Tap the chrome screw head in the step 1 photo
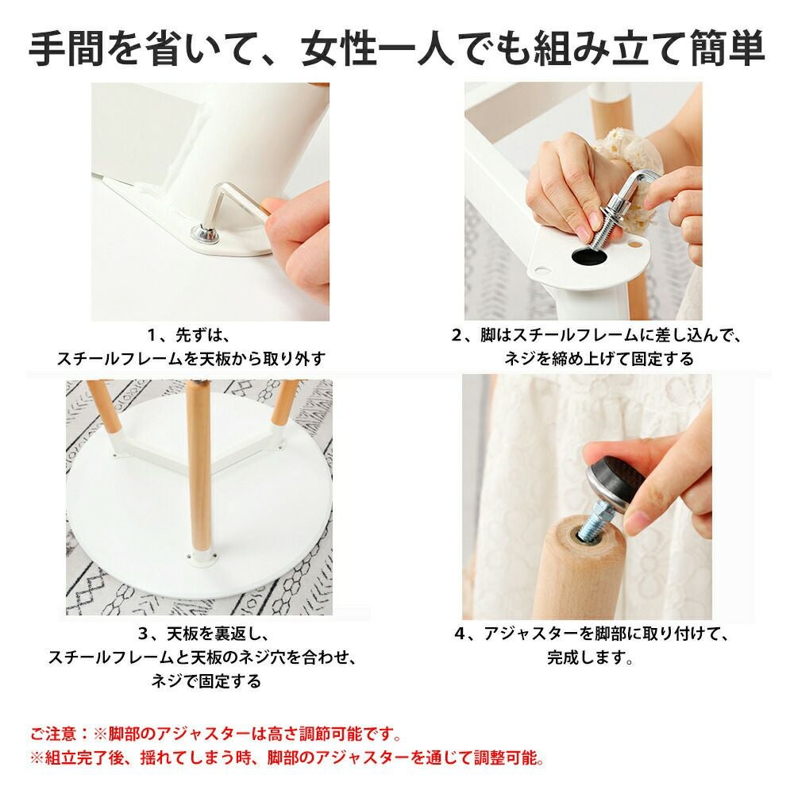205,235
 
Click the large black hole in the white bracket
590,256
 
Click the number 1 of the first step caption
152,335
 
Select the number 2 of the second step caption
457,335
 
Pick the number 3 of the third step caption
143,634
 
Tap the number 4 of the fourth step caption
459,634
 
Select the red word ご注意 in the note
52,734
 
